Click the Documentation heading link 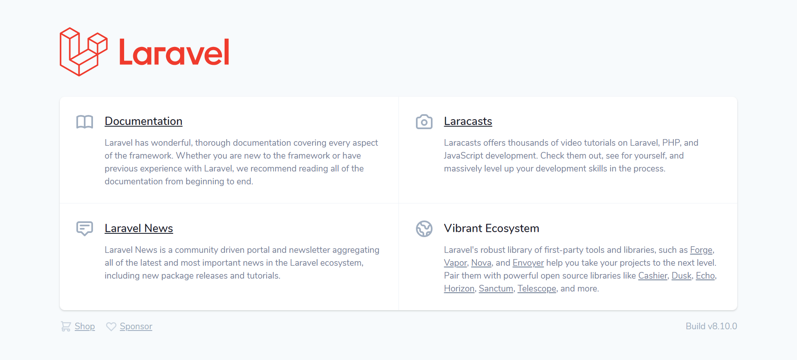(x=143, y=121)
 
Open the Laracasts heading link (x=468, y=121)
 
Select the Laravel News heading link (x=139, y=228)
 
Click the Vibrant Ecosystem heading (x=491, y=228)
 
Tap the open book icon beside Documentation (x=85, y=122)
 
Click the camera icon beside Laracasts (x=424, y=122)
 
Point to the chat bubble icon (x=85, y=228)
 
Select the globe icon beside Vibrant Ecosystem (x=424, y=229)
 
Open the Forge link (x=701, y=250)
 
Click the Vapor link (x=455, y=263)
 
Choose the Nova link (x=481, y=263)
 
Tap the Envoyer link (x=528, y=263)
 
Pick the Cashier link (x=653, y=276)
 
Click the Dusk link (x=682, y=276)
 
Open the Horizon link (x=459, y=289)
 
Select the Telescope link (x=537, y=289)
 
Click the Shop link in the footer (x=85, y=326)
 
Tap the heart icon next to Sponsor (x=111, y=327)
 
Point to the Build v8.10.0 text (x=711, y=326)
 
